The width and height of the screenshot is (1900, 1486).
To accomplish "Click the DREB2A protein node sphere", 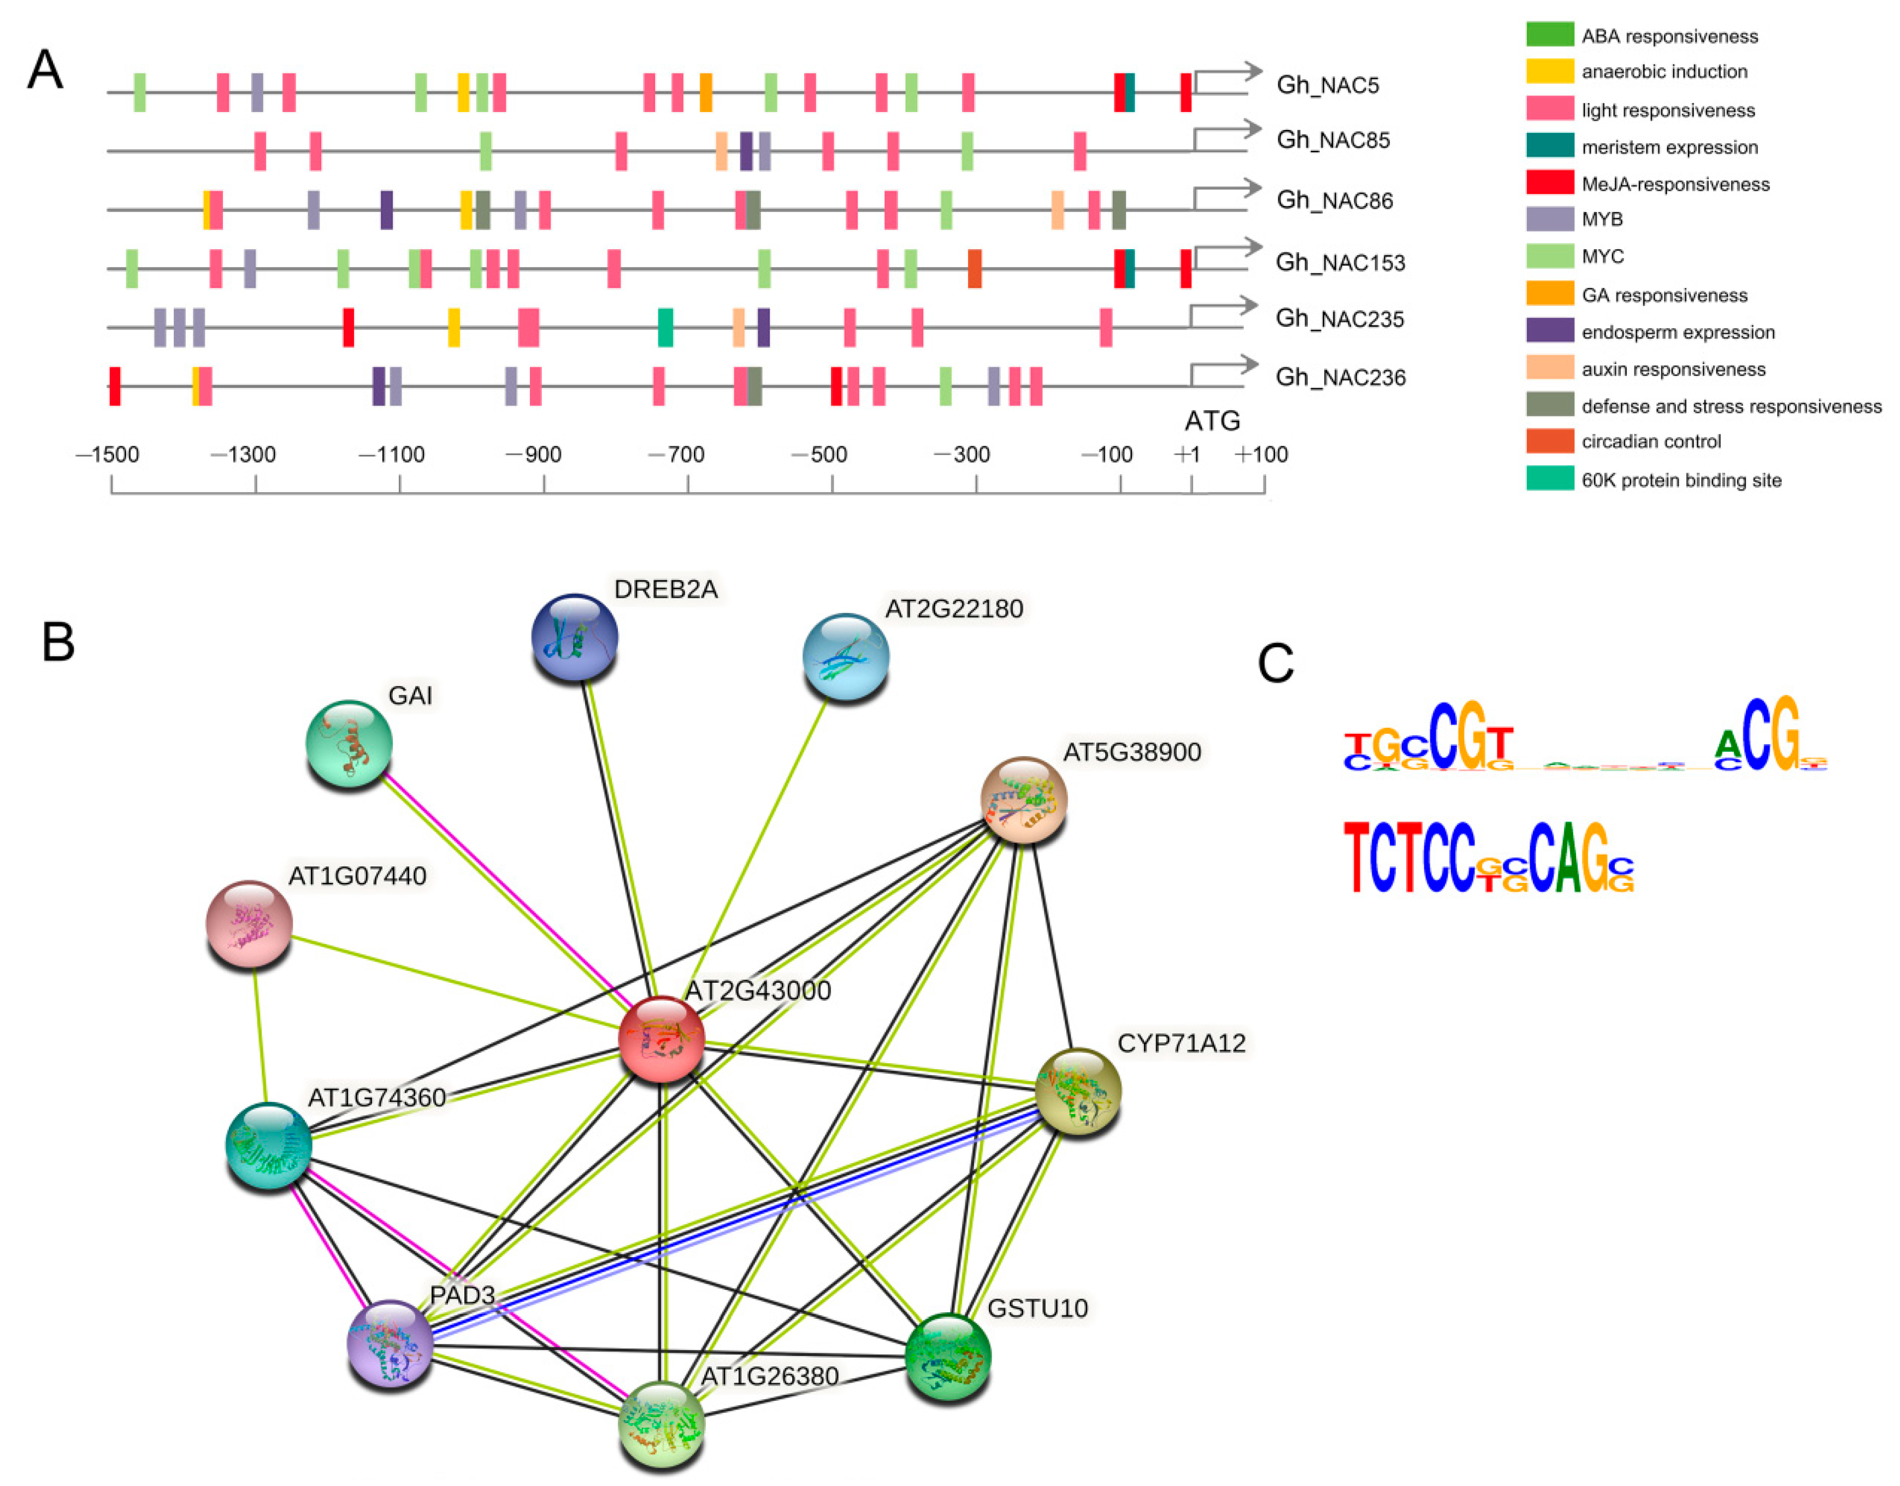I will click(x=574, y=637).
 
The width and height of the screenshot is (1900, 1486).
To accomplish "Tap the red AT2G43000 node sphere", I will click(x=661, y=1039).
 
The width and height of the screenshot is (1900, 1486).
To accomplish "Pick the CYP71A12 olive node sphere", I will click(x=1078, y=1091).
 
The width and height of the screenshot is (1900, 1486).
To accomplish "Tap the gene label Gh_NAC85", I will click(x=1333, y=140).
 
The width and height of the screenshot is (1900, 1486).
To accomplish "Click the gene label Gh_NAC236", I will click(x=1340, y=378).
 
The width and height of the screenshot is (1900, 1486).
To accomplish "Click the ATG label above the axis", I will click(x=1212, y=421).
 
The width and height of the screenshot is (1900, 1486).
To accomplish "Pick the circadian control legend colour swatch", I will click(x=1549, y=441).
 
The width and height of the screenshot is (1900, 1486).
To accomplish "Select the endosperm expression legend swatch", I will click(x=1549, y=331).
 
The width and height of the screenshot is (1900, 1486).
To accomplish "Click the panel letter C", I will click(x=1276, y=664).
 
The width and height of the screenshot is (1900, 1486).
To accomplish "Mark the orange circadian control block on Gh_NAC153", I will click(x=975, y=268).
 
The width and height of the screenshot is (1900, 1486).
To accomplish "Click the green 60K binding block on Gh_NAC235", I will click(x=665, y=327).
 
